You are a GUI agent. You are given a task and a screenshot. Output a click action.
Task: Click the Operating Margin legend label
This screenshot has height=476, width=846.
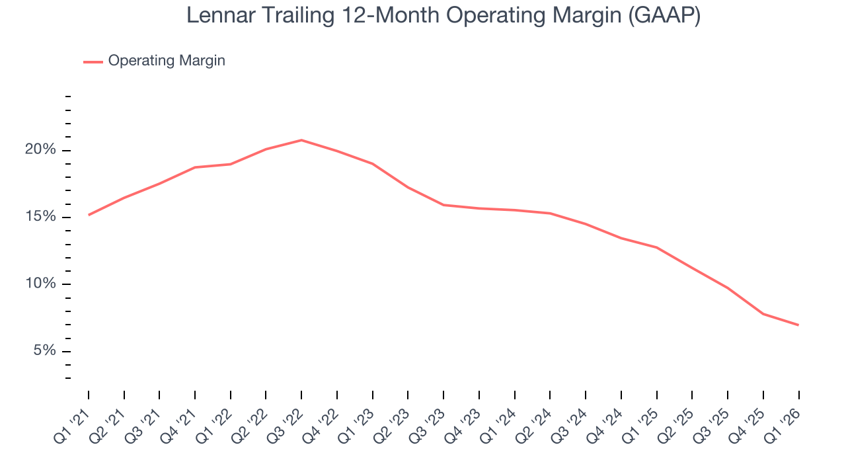[x=167, y=61]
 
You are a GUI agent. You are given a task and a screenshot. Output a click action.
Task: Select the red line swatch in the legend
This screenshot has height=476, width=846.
[x=93, y=61]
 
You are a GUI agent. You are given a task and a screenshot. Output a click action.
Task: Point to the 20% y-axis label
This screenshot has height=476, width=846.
[x=40, y=150]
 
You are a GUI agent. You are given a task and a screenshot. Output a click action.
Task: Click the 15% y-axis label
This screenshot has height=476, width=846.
[x=40, y=217]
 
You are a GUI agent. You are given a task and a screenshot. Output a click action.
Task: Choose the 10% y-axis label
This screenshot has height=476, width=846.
[x=40, y=284]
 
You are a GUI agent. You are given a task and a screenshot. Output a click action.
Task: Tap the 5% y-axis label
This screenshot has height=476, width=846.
[x=44, y=350]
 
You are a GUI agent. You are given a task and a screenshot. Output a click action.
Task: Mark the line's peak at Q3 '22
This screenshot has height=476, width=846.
[x=301, y=140]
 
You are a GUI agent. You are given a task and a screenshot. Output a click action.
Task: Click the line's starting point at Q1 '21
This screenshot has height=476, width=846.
[x=89, y=215]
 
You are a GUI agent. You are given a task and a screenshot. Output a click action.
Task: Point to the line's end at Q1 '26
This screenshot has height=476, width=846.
[x=798, y=325]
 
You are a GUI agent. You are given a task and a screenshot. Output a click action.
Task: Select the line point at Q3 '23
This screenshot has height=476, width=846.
[x=443, y=205]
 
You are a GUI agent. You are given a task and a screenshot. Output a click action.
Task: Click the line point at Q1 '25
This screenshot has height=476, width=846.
[x=656, y=247]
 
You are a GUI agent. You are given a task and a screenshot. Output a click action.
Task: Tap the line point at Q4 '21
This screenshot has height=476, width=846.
[x=195, y=167]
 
